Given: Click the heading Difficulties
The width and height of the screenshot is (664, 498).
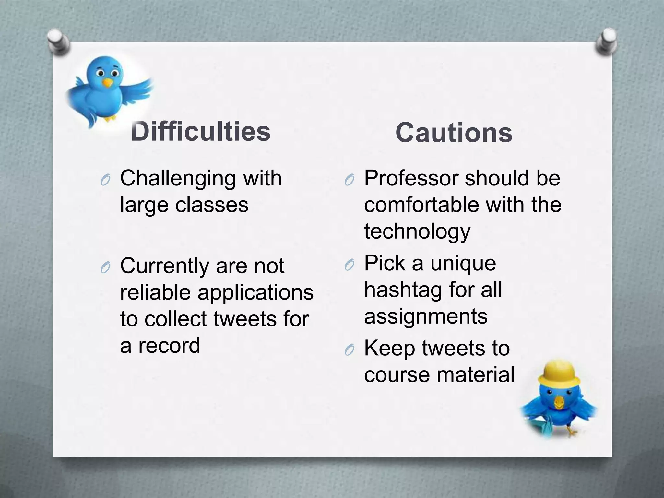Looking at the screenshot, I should pos(201,132).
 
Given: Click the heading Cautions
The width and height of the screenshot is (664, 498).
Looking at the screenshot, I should pos(454,133).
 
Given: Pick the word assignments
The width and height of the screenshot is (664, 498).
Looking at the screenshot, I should pos(425,316).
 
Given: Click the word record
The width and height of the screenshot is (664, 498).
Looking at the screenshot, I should pos(169,346).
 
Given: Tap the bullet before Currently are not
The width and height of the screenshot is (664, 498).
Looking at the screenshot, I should pos(105,268).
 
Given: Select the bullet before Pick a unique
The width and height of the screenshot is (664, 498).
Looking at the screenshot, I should pos(349,265).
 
